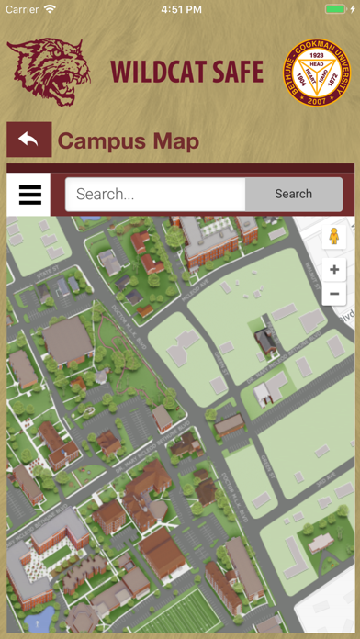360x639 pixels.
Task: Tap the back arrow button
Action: [28, 140]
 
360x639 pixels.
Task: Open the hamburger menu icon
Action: [29, 195]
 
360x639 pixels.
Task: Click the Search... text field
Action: [155, 195]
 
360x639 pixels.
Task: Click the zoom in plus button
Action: [334, 270]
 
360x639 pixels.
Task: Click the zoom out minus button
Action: [334, 295]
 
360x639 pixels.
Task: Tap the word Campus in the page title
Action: [100, 141]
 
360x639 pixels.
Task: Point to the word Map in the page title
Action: [174, 141]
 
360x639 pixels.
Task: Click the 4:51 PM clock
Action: [180, 9]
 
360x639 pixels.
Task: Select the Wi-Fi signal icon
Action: [50, 9]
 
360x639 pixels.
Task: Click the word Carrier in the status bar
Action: [21, 9]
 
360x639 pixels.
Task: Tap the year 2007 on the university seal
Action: [318, 101]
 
